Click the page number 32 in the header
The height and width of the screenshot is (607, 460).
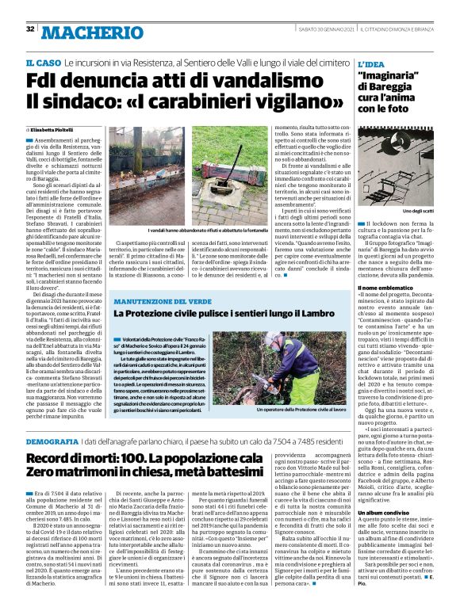click(30, 29)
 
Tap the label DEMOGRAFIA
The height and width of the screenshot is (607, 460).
click(52, 440)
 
